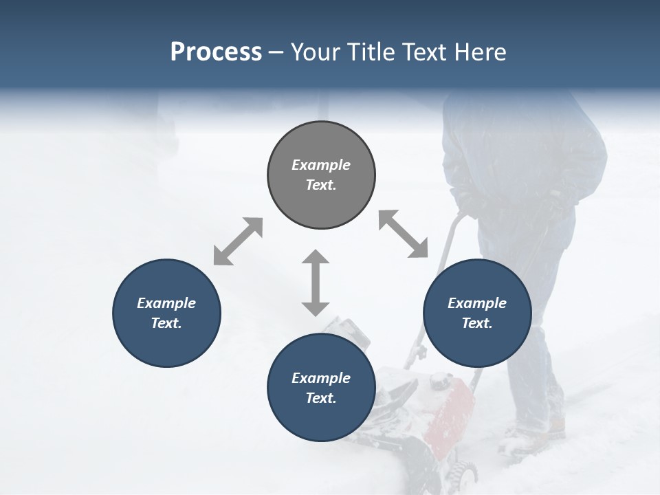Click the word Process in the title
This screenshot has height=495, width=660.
pyautogui.click(x=216, y=52)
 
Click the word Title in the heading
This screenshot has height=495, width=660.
pyautogui.click(x=373, y=52)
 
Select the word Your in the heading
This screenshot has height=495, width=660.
pyautogui.click(x=317, y=52)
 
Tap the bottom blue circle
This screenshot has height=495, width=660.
pyautogui.click(x=321, y=419)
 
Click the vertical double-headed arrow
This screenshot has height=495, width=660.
pyautogui.click(x=316, y=283)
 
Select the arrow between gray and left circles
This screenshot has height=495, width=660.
pyautogui.click(x=238, y=241)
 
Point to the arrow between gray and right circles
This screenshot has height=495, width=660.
pyautogui.click(x=403, y=234)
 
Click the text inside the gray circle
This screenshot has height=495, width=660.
pyautogui.click(x=321, y=175)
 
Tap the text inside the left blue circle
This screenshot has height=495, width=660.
pyautogui.click(x=166, y=313)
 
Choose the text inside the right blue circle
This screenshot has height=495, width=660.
pyautogui.click(x=477, y=313)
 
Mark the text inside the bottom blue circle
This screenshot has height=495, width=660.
pyautogui.click(x=321, y=388)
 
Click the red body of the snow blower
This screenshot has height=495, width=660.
pyautogui.click(x=447, y=412)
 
